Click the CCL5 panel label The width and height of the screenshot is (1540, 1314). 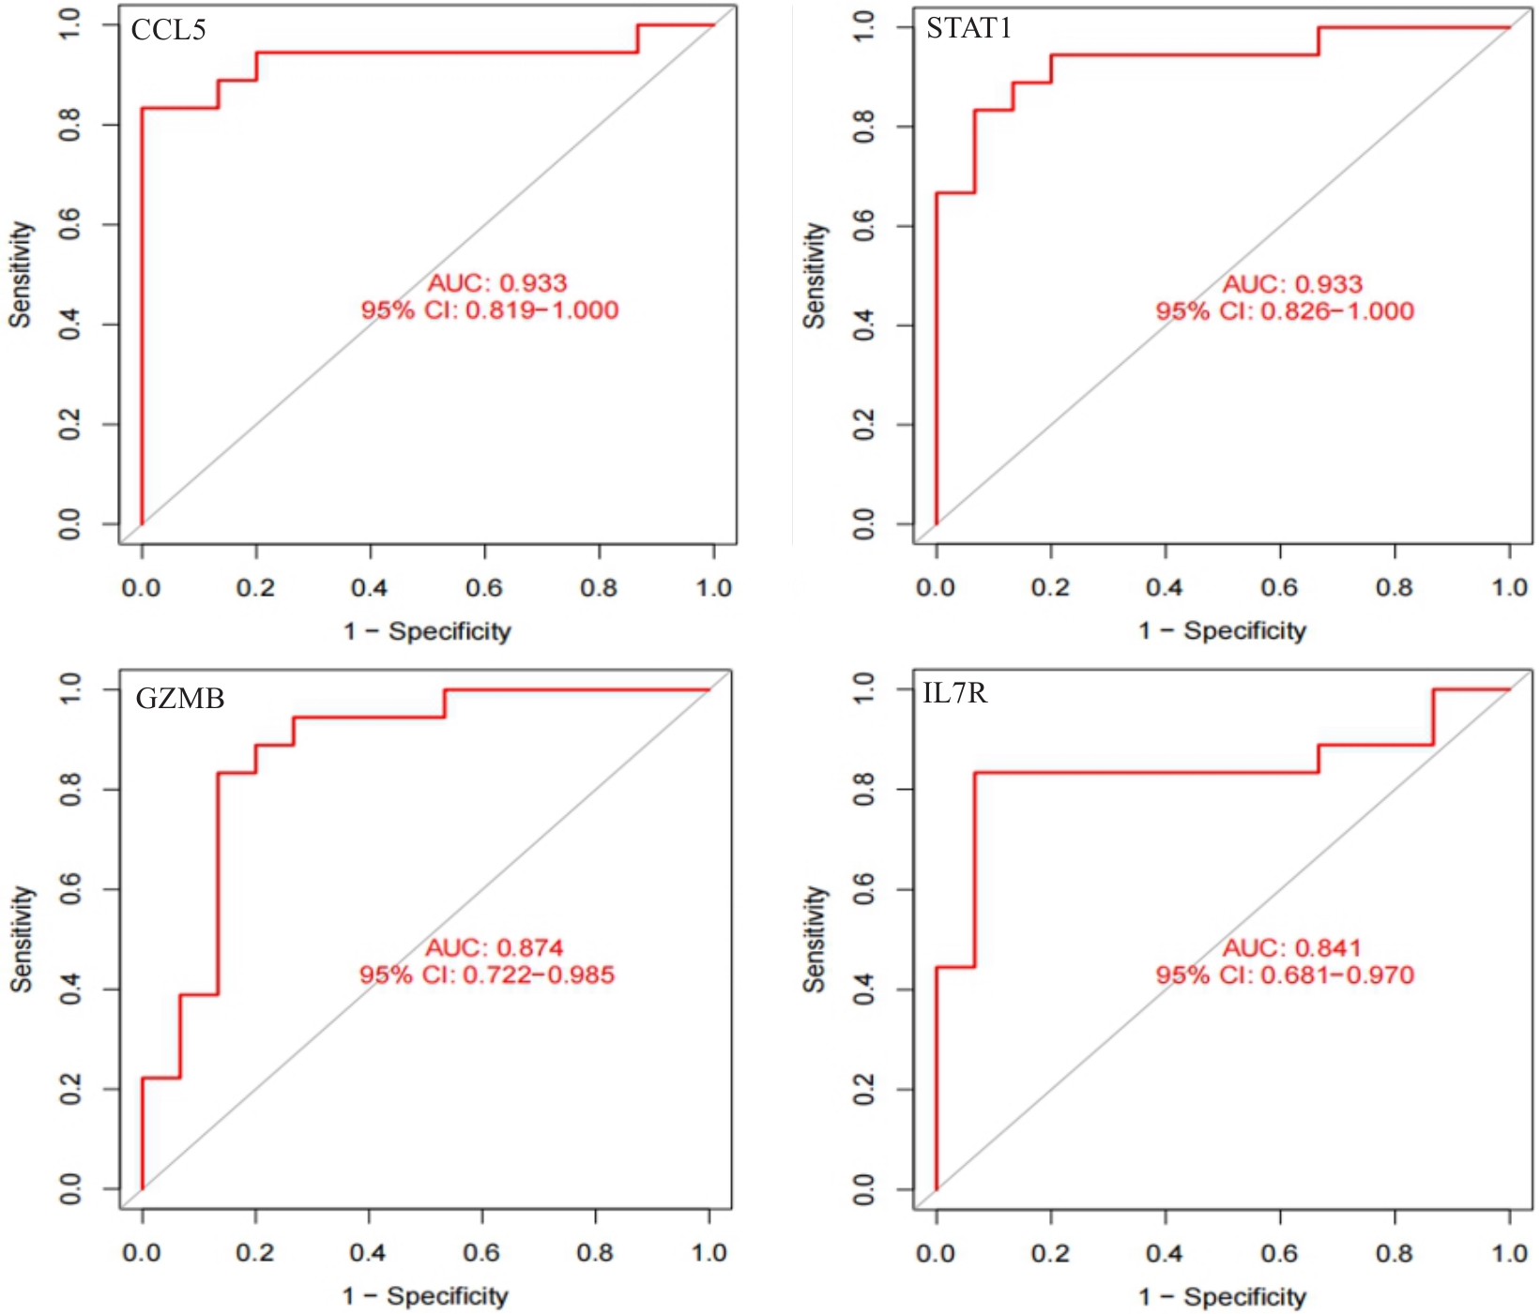(x=168, y=30)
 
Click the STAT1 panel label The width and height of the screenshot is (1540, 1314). (x=968, y=28)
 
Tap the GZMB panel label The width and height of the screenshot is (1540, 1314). (x=179, y=699)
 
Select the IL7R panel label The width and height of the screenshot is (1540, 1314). (x=954, y=693)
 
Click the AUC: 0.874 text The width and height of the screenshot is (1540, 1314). (x=495, y=947)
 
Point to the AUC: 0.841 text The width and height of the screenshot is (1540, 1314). (x=1291, y=947)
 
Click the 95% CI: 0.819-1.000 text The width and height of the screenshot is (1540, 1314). (x=490, y=310)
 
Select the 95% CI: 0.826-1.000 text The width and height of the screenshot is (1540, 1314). (x=1285, y=311)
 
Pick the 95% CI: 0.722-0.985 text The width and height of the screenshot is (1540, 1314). (x=487, y=975)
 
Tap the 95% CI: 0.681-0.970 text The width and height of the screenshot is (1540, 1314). (x=1285, y=975)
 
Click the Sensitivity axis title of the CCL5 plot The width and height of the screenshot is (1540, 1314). (x=21, y=275)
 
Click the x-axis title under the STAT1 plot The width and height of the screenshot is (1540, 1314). (x=1222, y=631)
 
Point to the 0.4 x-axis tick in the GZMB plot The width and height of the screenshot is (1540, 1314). (x=368, y=1253)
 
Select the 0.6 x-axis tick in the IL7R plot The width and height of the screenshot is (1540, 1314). (x=1279, y=1253)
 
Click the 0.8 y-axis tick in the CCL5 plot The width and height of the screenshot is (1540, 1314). (x=70, y=125)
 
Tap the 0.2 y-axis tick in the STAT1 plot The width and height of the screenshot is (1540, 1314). (x=864, y=425)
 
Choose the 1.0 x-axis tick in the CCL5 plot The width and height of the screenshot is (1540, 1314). (x=713, y=588)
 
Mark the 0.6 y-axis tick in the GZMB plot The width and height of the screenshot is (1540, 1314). (x=70, y=889)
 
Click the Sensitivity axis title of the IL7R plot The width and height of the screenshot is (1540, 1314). (x=815, y=940)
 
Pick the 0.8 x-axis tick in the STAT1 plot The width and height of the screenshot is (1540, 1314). (x=1394, y=588)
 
